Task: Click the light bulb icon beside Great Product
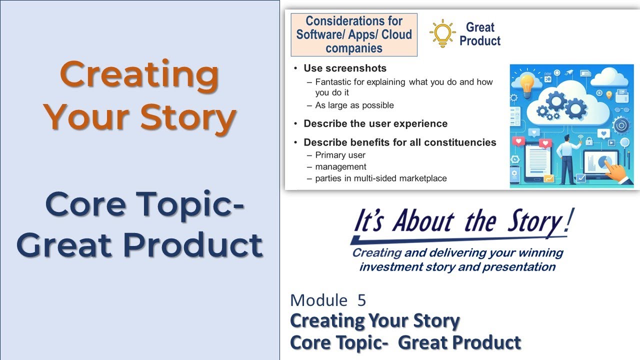[x=442, y=33]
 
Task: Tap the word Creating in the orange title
[x=139, y=74]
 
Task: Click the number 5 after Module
[x=361, y=300]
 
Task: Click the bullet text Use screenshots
[x=345, y=68]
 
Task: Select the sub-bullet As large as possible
[x=354, y=105]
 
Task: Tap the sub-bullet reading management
[x=340, y=166]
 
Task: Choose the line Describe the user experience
[x=375, y=123]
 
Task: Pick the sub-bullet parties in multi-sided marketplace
[x=380, y=178]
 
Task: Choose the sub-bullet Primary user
[x=340, y=155]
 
